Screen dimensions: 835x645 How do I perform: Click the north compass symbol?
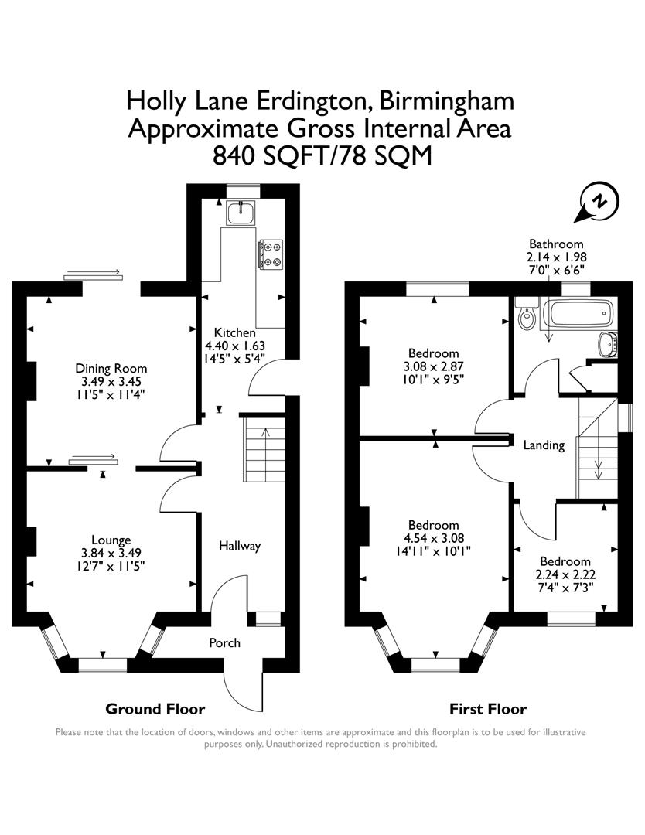click(599, 201)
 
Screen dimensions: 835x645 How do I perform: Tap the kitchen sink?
click(241, 212)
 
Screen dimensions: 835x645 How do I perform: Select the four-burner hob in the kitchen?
click(270, 254)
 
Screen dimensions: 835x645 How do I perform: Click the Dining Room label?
click(111, 368)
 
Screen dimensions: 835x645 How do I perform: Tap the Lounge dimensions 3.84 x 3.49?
click(111, 553)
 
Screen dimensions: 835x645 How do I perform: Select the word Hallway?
click(239, 546)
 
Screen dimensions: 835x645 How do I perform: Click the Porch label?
click(225, 642)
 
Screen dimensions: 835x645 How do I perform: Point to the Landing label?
click(544, 445)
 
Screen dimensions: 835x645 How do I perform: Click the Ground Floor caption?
click(155, 708)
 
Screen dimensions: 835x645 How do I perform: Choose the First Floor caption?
click(488, 708)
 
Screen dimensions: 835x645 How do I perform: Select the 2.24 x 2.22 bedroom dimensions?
click(565, 574)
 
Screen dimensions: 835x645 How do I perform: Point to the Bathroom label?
click(555, 244)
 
